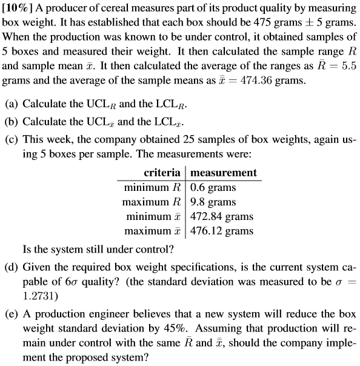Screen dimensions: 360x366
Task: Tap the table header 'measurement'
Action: [x=223, y=173]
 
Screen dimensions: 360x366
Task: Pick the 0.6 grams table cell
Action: [x=213, y=187]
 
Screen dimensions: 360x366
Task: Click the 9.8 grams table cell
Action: [x=213, y=202]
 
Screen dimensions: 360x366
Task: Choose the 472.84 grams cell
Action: [x=222, y=216]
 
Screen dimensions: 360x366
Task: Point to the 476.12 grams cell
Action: [x=222, y=231]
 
